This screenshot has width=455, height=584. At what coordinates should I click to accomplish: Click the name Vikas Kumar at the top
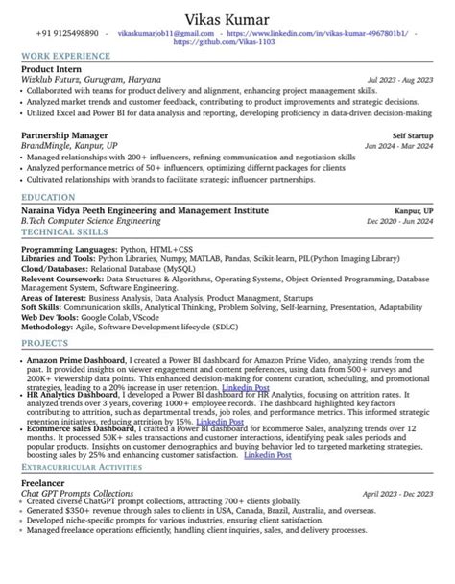tap(228, 21)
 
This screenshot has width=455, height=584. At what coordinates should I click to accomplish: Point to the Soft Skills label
tap(41, 310)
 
